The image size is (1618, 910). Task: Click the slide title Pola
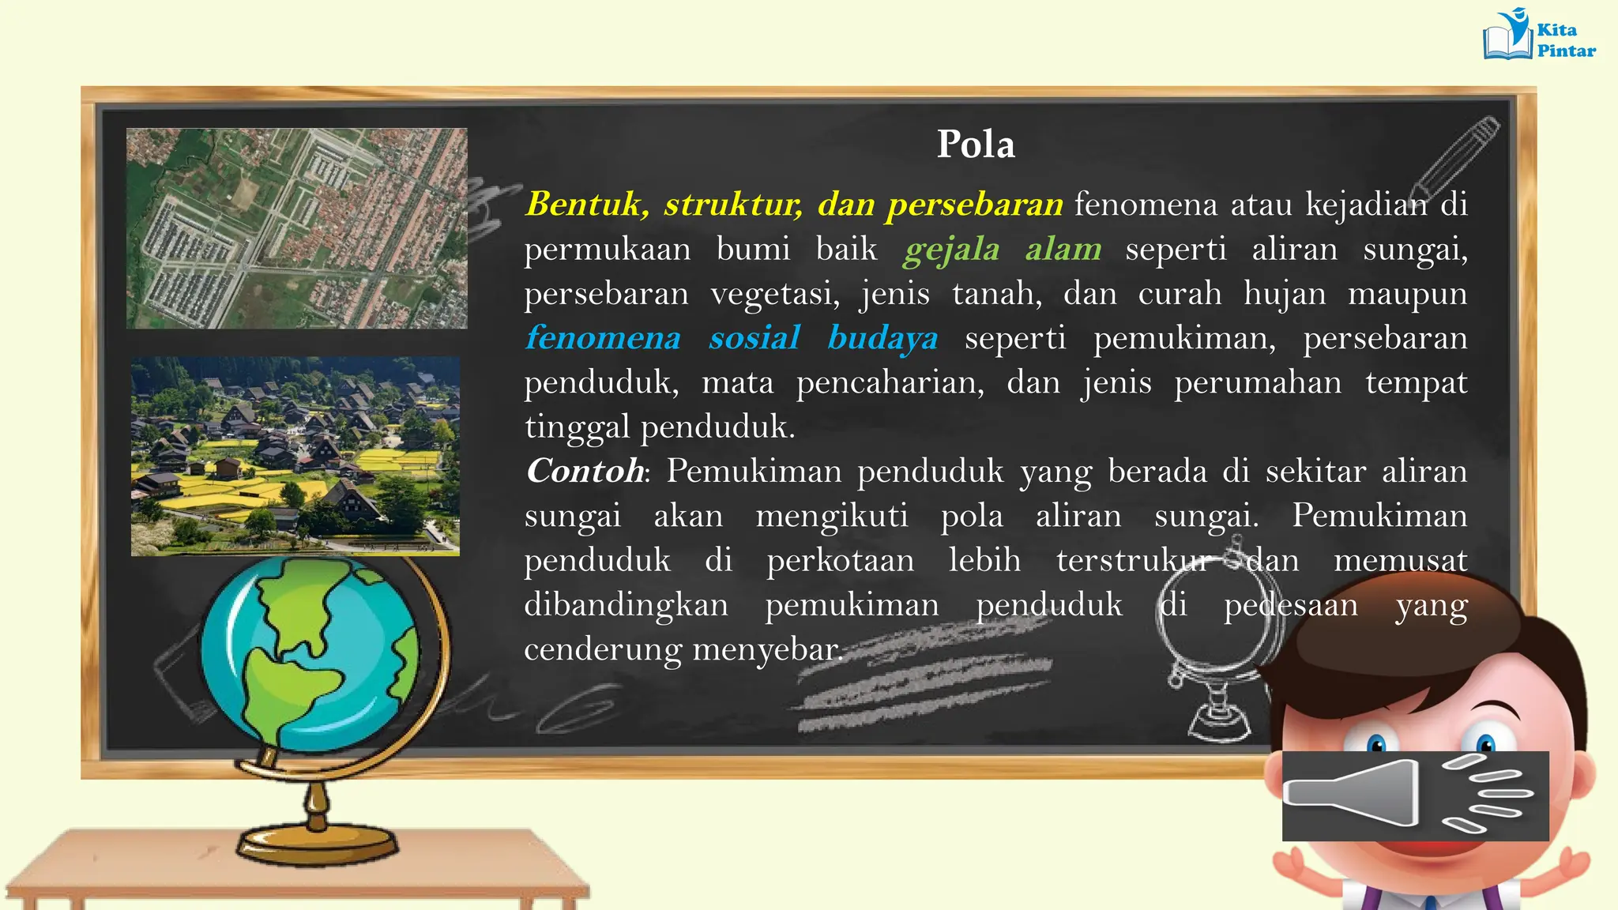click(976, 145)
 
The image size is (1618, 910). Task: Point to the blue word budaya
click(882, 338)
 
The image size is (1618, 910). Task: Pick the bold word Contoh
click(585, 472)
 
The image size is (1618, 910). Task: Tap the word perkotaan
click(840, 561)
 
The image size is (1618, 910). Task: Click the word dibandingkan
click(626, 605)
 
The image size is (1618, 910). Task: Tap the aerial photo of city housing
click(296, 228)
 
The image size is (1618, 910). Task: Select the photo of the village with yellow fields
click(295, 457)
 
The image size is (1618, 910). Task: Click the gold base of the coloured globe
click(316, 844)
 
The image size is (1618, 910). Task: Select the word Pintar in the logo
click(1566, 51)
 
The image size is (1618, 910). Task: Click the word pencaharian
click(890, 383)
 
